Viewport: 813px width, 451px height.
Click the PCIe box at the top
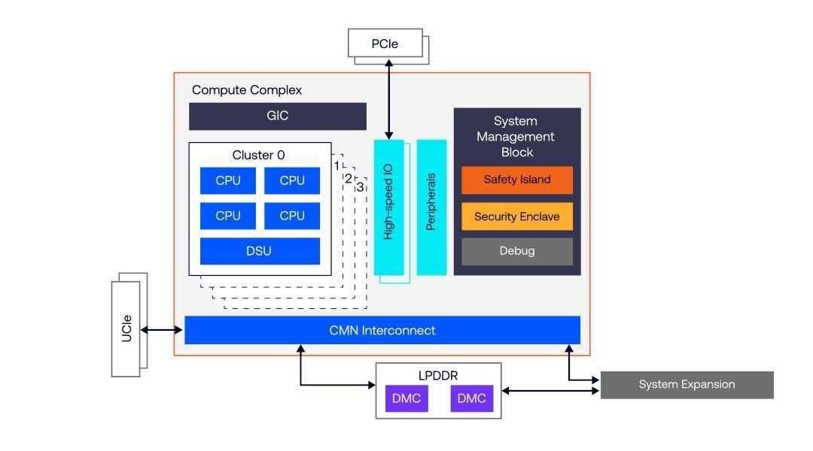[x=384, y=44]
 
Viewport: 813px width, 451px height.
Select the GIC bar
[x=277, y=117]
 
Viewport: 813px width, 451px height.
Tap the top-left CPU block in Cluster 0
[x=228, y=180]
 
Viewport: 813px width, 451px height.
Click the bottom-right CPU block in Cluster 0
[x=292, y=216]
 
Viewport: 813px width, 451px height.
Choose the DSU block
[x=260, y=251]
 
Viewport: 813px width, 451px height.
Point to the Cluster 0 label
[x=258, y=156]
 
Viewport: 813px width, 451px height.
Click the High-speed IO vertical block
[x=388, y=207]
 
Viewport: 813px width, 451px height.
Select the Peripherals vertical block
[x=431, y=207]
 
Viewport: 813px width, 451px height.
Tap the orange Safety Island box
[x=516, y=180]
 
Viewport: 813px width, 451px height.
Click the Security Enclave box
[x=516, y=216]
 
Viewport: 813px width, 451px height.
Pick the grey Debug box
[x=516, y=251]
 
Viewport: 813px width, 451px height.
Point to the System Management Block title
[x=516, y=136]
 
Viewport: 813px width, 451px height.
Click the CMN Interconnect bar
[x=382, y=330]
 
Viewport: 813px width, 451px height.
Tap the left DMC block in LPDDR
[x=406, y=398]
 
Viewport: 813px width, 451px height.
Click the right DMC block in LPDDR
[x=472, y=398]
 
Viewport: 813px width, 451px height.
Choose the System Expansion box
[x=687, y=384]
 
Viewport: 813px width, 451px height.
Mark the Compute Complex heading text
[x=247, y=90]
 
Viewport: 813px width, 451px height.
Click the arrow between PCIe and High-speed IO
[x=389, y=98]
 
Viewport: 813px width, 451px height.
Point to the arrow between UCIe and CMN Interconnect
[x=162, y=330]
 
